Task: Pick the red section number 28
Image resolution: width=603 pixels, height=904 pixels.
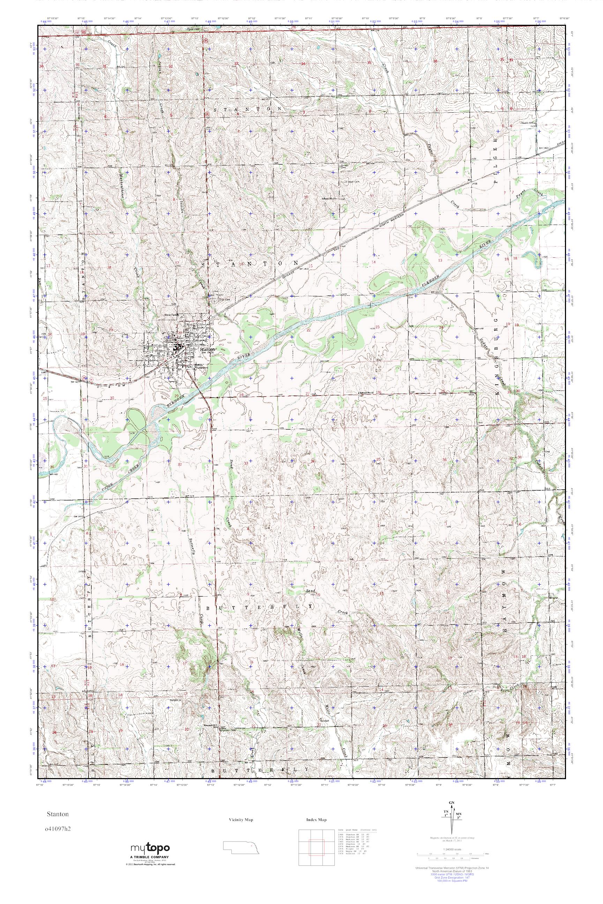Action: pos(241,395)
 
